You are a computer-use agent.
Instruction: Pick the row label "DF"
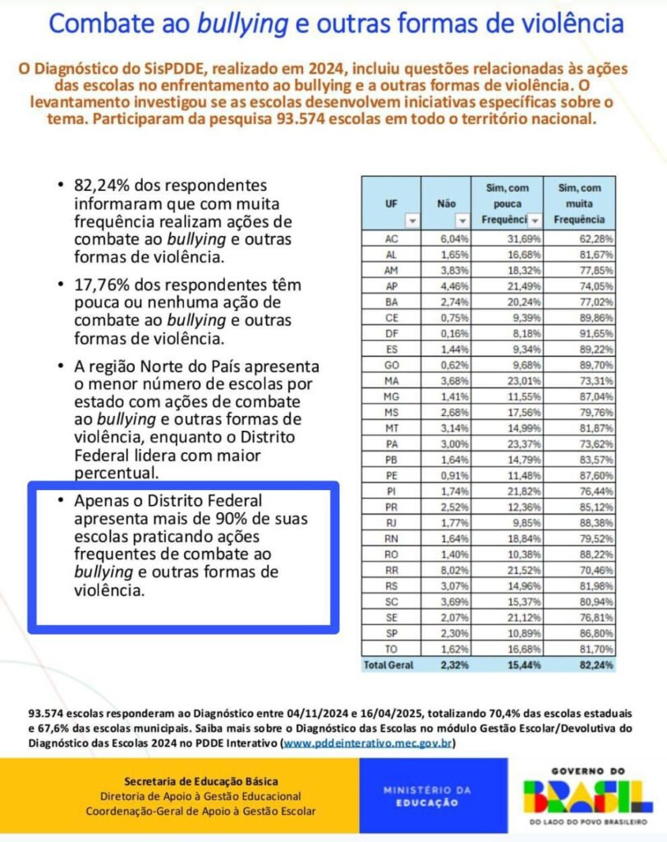tap(391, 334)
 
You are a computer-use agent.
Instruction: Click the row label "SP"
tap(391, 633)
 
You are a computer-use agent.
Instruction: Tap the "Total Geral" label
tap(390, 664)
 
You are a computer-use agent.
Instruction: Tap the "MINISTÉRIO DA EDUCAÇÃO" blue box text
tap(428, 796)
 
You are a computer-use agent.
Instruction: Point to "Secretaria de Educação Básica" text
tap(200, 780)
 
